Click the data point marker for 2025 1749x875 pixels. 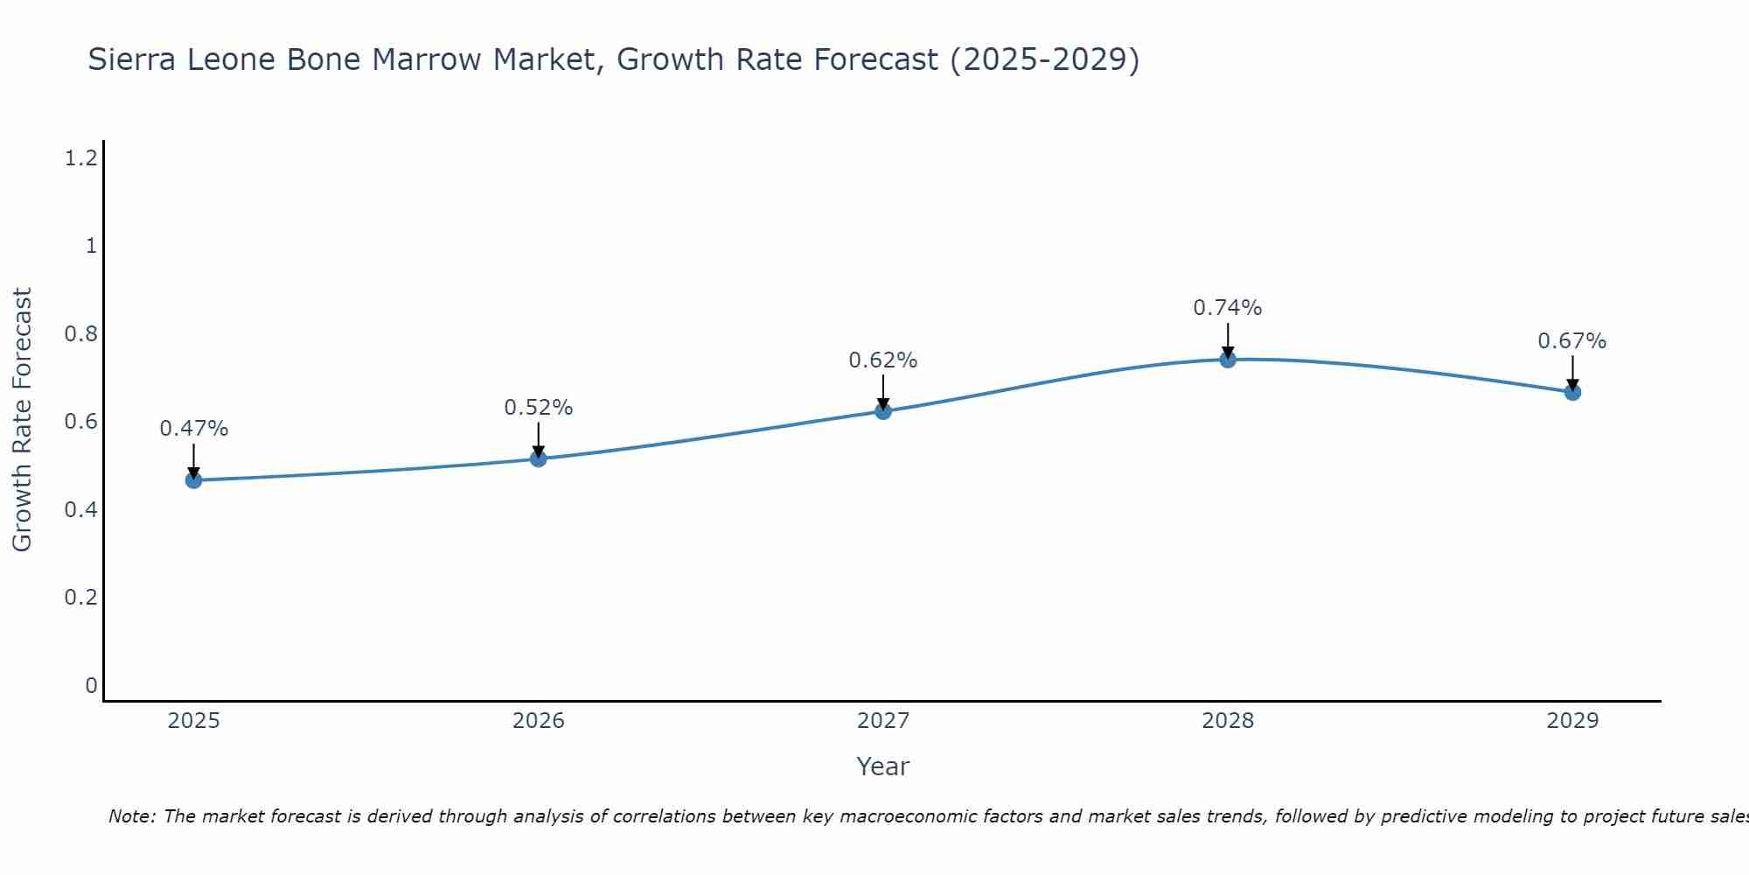193,480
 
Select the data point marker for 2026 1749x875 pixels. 538,458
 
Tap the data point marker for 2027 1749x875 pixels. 883,411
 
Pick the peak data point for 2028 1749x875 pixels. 1228,360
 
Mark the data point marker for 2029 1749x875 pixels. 1572,392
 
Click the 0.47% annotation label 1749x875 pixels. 193,429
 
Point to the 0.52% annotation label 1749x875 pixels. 538,408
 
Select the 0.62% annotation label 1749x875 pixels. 883,360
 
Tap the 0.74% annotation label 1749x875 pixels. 1228,308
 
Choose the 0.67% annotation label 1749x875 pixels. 1572,341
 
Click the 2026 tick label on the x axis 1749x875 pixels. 538,721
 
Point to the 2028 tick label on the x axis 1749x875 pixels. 1228,721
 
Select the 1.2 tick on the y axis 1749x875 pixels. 80,158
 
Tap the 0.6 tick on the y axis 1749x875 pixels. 80,422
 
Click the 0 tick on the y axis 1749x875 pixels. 91,685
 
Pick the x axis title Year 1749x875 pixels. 883,766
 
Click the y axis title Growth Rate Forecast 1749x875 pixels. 22,420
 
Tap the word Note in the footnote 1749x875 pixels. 131,816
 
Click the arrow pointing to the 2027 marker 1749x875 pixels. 883,391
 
